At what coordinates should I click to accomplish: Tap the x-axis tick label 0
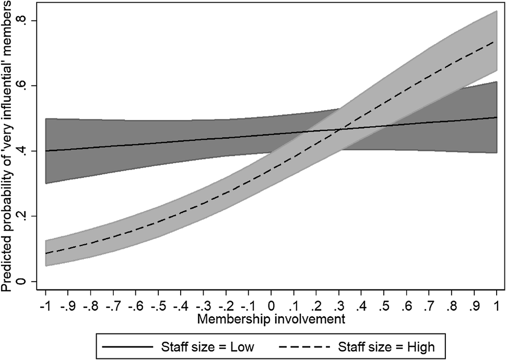[x=270, y=304]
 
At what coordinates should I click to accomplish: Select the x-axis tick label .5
[x=384, y=304]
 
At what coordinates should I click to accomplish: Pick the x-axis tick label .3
[x=338, y=304]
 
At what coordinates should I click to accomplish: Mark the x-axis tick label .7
[x=429, y=304]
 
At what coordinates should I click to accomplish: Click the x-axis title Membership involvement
[x=270, y=317]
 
